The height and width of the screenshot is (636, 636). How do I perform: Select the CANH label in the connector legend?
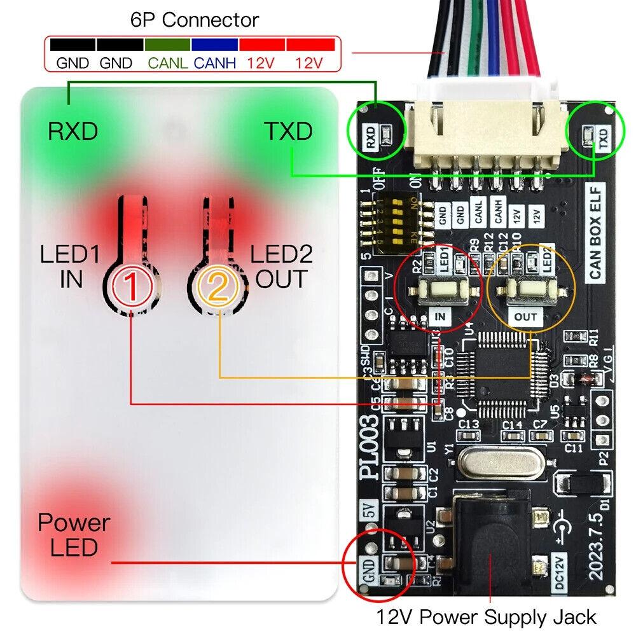tap(214, 63)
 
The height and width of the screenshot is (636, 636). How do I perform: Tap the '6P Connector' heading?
tap(195, 20)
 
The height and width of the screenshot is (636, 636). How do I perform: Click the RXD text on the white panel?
tap(73, 132)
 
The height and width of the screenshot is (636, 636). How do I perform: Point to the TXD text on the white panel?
tap(288, 132)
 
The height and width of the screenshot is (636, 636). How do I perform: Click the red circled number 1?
tap(132, 288)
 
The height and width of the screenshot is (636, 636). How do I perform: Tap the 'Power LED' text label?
tap(74, 535)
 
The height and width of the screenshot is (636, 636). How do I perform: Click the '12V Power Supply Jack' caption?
tap(486, 617)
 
